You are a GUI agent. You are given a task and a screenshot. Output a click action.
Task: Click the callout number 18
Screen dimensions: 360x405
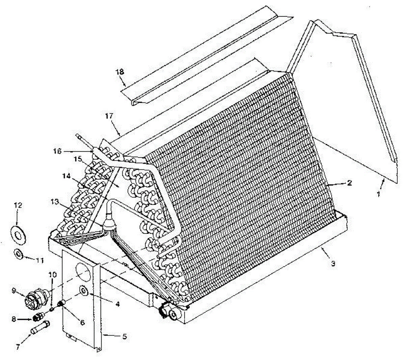[120, 72]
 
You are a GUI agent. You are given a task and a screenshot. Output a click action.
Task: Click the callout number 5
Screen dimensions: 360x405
[125, 336]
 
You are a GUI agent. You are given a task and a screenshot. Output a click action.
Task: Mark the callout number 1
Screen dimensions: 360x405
[378, 194]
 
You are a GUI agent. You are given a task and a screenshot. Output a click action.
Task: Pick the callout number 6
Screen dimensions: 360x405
[82, 323]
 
